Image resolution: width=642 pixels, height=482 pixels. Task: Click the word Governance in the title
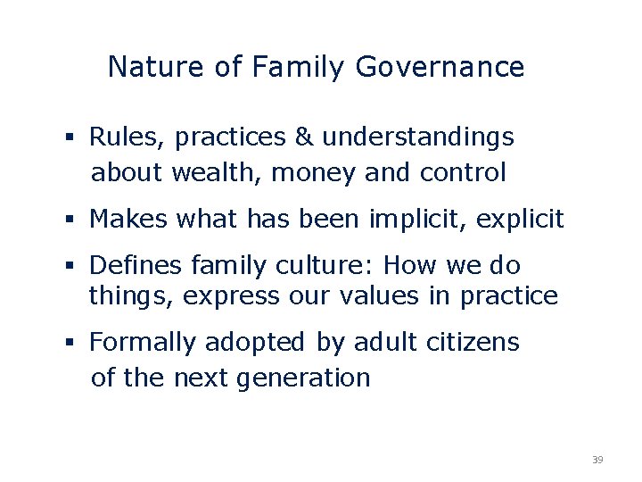(x=440, y=68)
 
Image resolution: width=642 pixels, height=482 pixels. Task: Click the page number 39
(x=597, y=460)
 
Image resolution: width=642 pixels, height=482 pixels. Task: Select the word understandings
(x=418, y=137)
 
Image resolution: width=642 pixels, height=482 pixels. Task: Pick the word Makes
(x=128, y=220)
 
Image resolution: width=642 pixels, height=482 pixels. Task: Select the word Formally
(x=144, y=343)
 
